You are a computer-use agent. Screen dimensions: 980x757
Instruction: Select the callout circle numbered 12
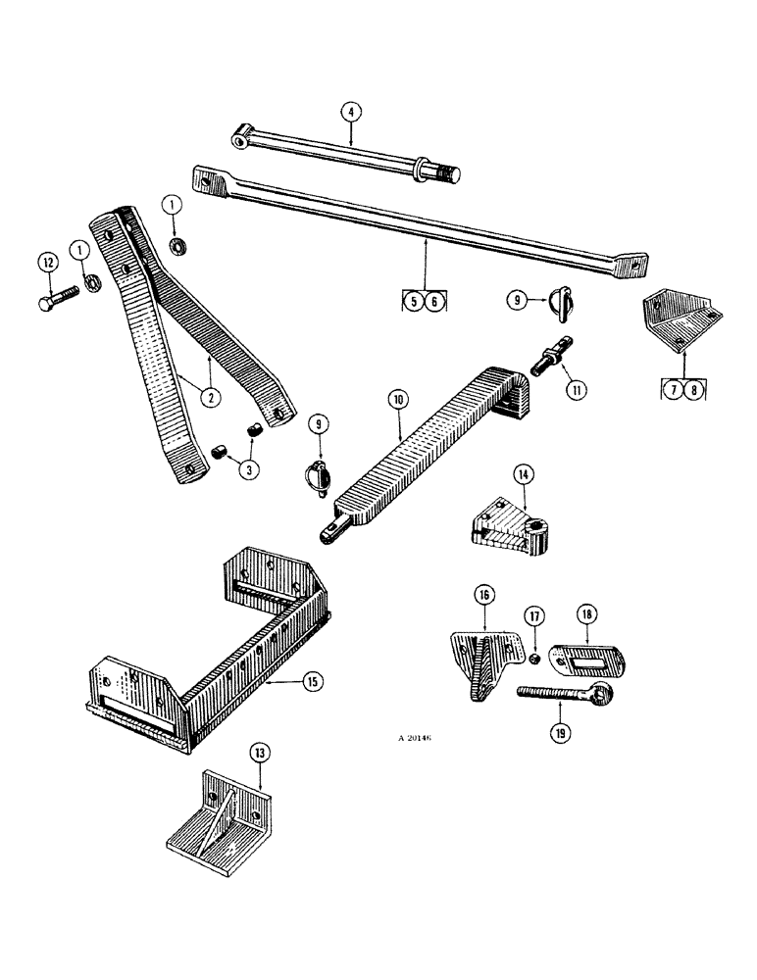[47, 262]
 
